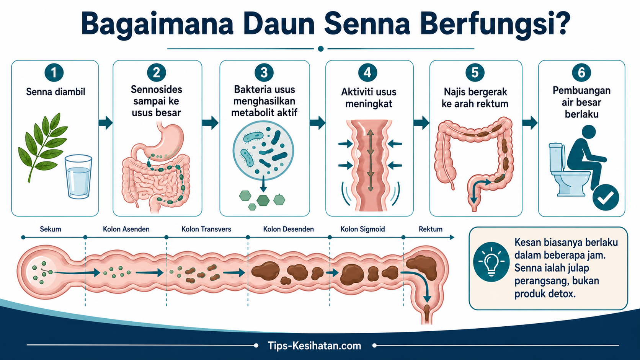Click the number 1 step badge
click(54, 73)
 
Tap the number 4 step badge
click(367, 72)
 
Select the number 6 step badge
click(581, 72)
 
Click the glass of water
click(78, 177)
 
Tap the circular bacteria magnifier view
click(263, 150)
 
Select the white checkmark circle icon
click(606, 197)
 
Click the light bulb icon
click(491, 261)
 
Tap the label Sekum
click(50, 229)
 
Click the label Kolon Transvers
click(206, 229)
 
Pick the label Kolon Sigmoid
click(362, 229)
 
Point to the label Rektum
click(431, 229)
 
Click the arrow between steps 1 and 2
click(106, 123)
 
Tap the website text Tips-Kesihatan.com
click(314, 346)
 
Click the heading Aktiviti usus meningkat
click(369, 98)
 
